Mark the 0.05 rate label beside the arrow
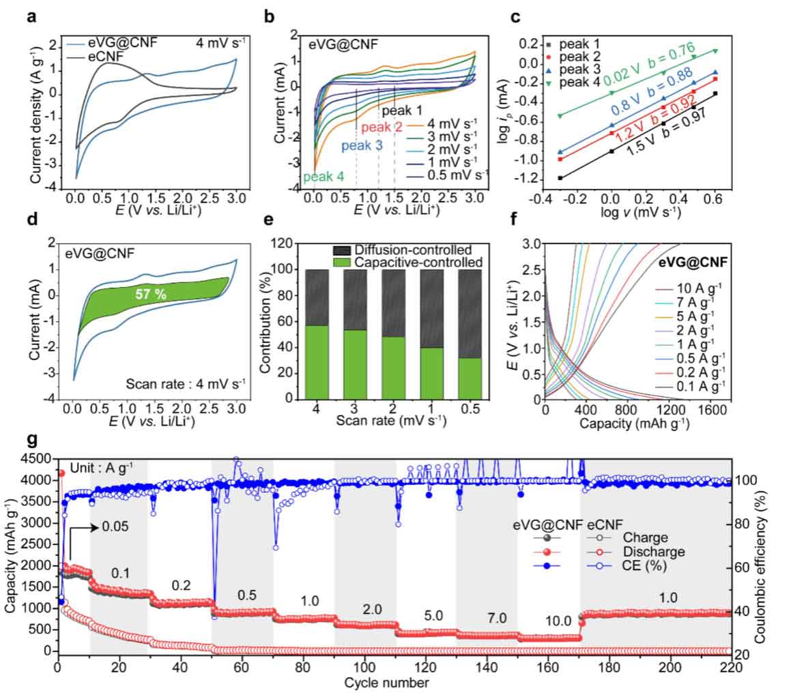[x=117, y=527]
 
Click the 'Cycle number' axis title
[x=396, y=683]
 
